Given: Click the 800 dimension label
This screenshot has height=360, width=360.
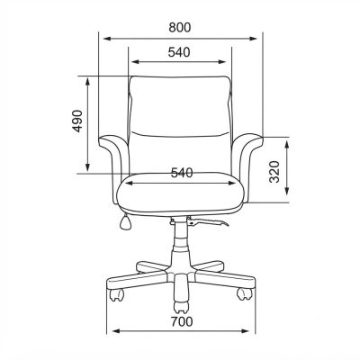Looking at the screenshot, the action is (180, 27).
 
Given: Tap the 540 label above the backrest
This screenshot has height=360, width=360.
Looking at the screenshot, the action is (179, 52).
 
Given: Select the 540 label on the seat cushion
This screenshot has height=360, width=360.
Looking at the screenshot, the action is (182, 173).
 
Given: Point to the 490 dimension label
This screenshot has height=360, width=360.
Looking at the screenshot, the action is (77, 121).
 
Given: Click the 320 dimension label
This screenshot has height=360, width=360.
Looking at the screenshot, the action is (274, 172).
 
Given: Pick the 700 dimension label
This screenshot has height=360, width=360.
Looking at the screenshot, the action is (182, 322).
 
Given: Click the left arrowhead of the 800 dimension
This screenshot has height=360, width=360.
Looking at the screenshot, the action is (107, 39).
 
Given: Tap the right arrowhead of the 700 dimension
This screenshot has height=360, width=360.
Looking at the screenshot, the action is (246, 331).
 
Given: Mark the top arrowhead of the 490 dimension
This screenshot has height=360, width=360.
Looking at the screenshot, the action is (87, 81).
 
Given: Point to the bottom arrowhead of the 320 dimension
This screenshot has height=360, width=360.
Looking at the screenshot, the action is (287, 191).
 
